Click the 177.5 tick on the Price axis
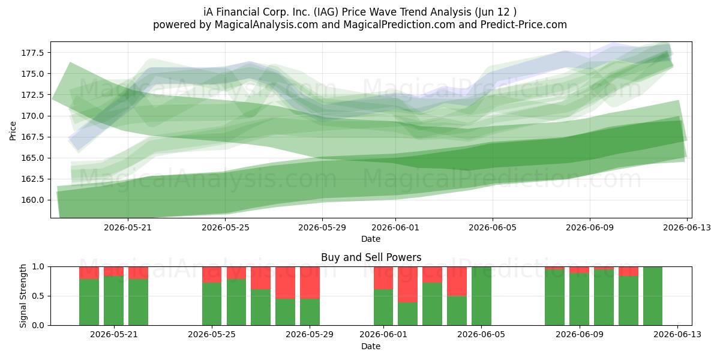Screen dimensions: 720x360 [x=32, y=53]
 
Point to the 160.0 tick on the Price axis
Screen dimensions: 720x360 [x=32, y=200]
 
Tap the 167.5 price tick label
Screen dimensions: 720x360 [x=32, y=137]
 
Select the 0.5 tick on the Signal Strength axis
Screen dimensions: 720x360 [x=38, y=296]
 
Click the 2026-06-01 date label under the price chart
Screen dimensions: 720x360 [x=395, y=227]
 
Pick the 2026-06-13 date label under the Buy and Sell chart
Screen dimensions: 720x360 [x=677, y=335]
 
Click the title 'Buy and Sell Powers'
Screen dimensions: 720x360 [x=371, y=257]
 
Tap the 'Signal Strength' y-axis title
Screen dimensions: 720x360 [x=23, y=296]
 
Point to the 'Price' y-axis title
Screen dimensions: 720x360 [x=13, y=131]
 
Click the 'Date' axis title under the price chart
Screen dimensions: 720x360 [x=371, y=239]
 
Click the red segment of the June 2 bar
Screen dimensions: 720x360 [x=407, y=284]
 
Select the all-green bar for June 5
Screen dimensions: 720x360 [x=481, y=296]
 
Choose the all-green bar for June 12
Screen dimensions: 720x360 [x=653, y=296]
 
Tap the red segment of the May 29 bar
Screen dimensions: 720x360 [x=310, y=283]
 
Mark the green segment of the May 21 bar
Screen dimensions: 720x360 [x=113, y=301]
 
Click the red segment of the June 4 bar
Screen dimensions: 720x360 [x=457, y=281]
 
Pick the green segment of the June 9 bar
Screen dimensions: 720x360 [x=579, y=299]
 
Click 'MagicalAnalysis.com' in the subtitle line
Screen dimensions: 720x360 [x=266, y=25]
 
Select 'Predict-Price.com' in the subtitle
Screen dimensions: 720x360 [x=524, y=25]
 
